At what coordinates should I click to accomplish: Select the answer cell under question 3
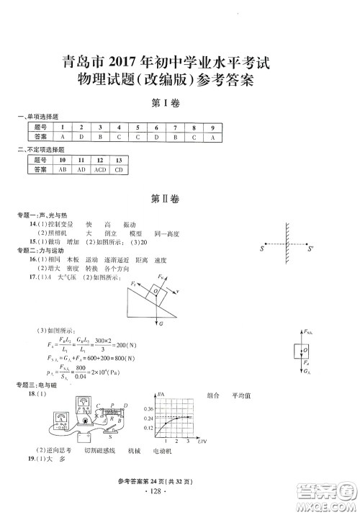[99, 136]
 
